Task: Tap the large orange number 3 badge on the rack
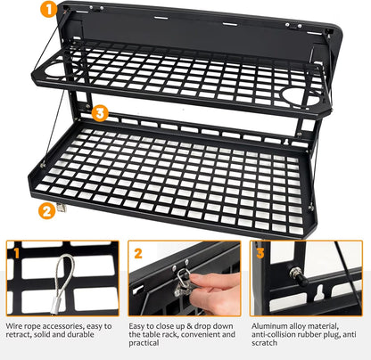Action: (101, 114)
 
